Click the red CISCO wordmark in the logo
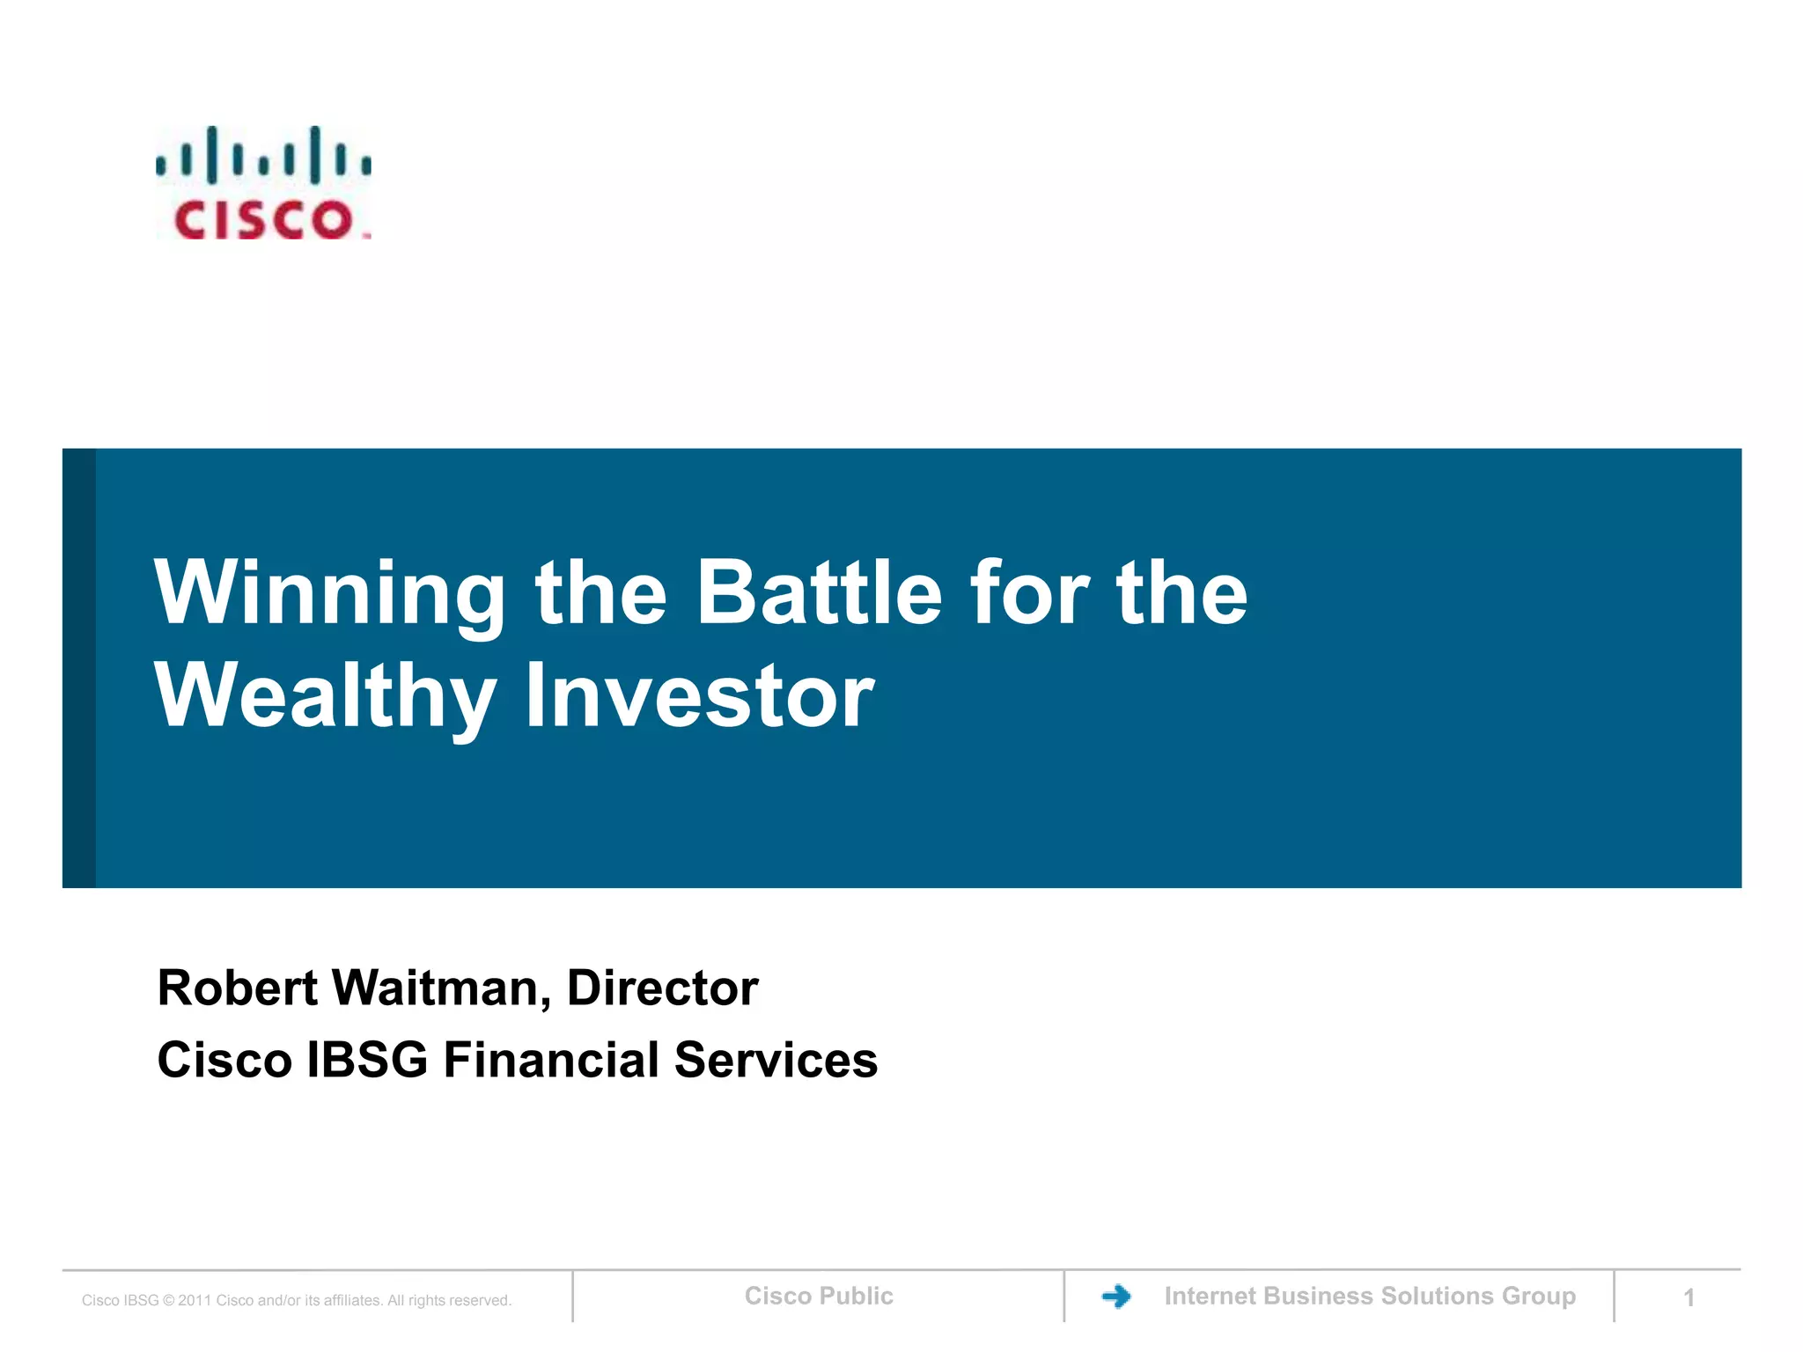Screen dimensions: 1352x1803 click(263, 220)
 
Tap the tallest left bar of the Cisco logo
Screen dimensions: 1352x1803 click(212, 155)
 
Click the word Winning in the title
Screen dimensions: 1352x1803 click(330, 595)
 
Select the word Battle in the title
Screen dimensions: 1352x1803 click(819, 593)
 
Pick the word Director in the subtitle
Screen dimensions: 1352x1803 click(662, 988)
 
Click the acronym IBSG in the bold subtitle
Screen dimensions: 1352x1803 click(366, 1060)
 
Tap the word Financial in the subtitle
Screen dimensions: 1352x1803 click(551, 1060)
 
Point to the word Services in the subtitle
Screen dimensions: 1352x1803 click(776, 1060)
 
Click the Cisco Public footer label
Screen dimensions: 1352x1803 click(819, 1296)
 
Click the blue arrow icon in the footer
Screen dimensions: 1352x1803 click(1116, 1296)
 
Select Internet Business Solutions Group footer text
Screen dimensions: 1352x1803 click(1370, 1296)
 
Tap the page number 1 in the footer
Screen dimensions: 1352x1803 click(1689, 1297)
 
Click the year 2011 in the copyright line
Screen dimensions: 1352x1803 click(195, 1301)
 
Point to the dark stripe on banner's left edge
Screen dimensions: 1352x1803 click(78, 668)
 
